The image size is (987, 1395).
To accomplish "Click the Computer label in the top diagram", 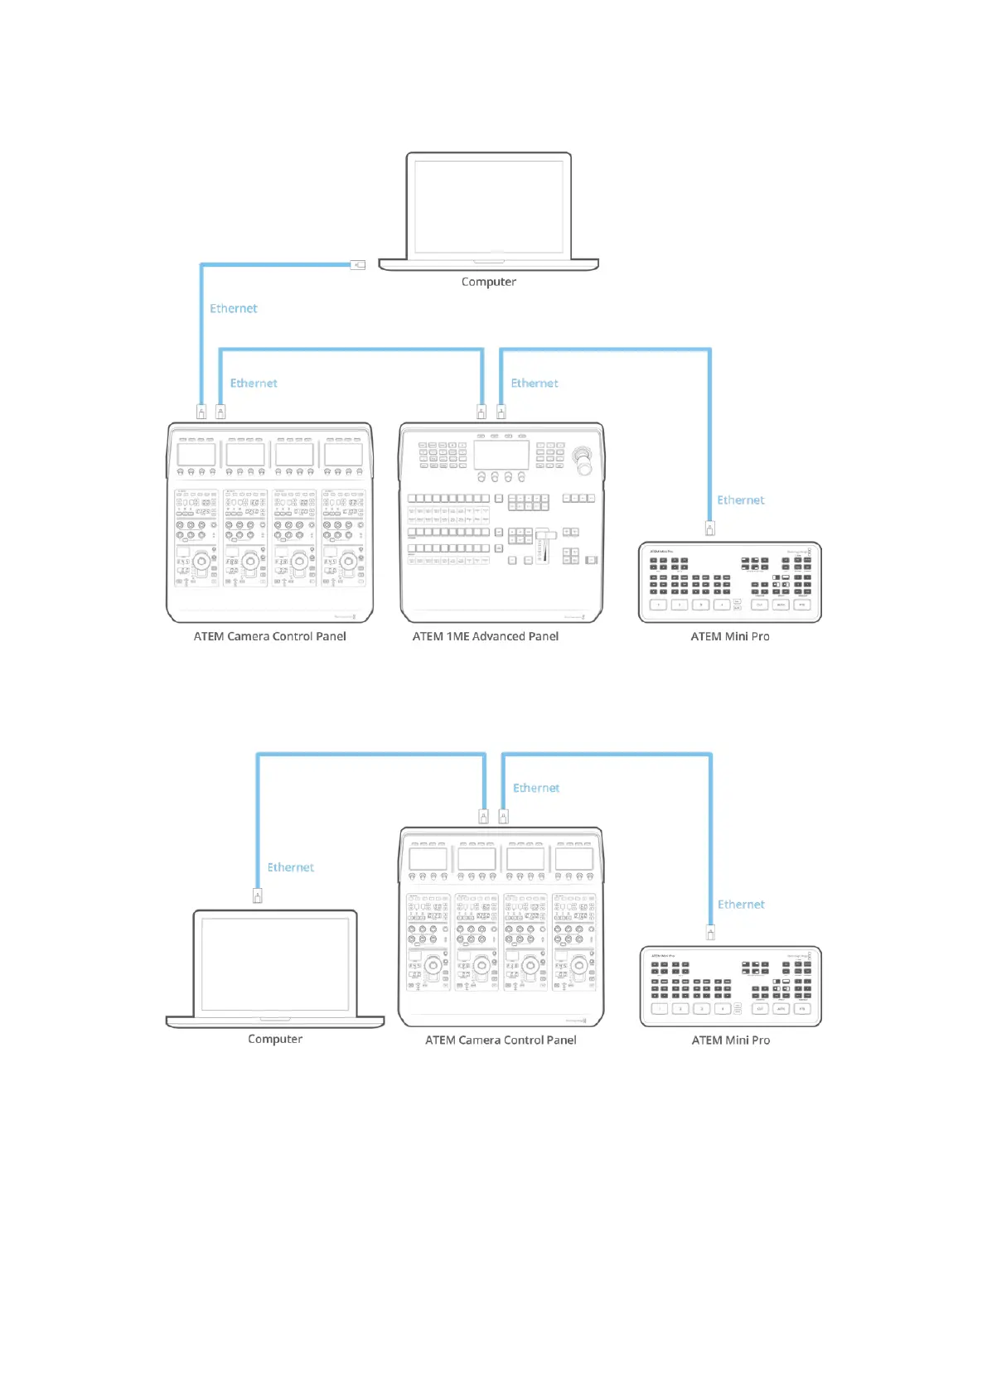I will [x=488, y=282].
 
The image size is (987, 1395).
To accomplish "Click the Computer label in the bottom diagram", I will [x=275, y=1039].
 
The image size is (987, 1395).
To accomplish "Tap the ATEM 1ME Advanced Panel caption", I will [x=486, y=636].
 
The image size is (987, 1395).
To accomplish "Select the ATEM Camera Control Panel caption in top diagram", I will [x=270, y=636].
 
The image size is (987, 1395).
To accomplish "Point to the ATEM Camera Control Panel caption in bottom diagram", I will [x=501, y=1040].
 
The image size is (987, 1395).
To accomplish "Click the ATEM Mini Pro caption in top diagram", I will [x=730, y=636].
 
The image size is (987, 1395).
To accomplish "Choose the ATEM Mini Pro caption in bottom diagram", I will [x=731, y=1040].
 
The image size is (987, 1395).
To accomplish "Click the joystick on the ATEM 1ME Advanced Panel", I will [x=584, y=457].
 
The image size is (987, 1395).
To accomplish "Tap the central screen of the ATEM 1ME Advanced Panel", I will [x=501, y=455].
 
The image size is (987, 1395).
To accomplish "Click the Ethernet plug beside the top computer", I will [x=357, y=265].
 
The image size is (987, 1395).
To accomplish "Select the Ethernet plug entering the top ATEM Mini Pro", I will [x=709, y=528].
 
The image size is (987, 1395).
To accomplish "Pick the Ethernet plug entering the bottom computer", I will [x=258, y=895].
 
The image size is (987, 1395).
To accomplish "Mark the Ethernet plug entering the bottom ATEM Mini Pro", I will [x=710, y=933].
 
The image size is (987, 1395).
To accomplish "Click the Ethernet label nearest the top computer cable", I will [x=234, y=308].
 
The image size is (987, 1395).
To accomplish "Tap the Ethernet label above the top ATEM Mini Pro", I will [x=741, y=500].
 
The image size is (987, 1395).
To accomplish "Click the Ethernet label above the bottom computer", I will [x=291, y=867].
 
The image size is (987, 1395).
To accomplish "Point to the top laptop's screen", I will [x=488, y=206].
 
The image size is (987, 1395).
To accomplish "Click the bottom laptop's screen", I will [x=275, y=963].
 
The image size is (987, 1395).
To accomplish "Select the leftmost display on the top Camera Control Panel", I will [x=196, y=454].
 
